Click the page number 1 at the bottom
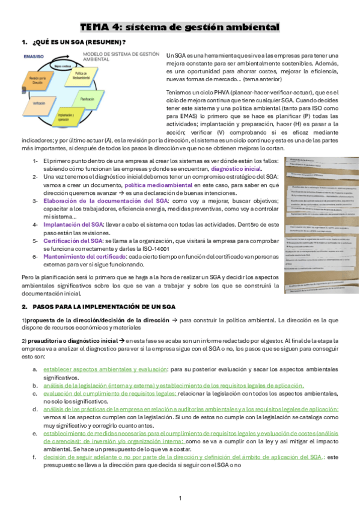tap(180, 499)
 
